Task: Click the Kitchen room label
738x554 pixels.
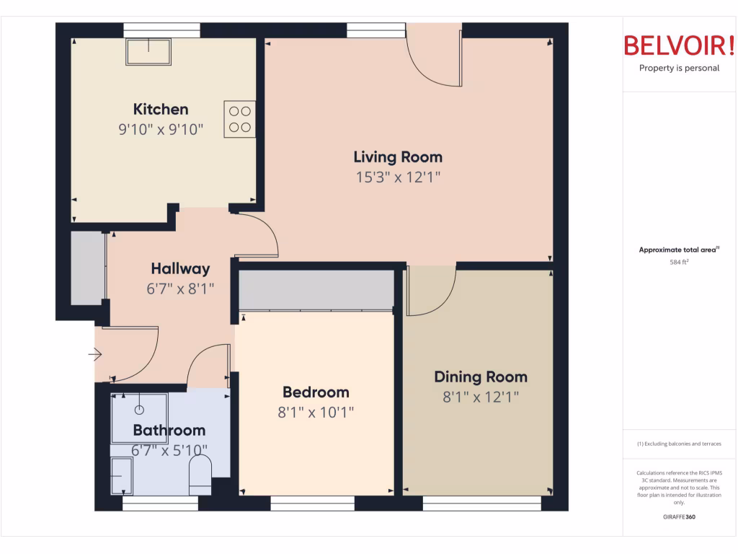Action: point(161,110)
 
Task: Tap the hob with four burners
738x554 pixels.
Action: point(239,120)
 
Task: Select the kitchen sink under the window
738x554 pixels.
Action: point(149,51)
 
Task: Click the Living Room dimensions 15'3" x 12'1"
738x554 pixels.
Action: point(398,177)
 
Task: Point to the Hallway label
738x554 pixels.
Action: point(180,269)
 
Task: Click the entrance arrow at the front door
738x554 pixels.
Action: point(95,354)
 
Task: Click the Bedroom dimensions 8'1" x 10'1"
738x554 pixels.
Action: point(316,413)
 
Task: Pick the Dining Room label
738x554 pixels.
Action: point(480,377)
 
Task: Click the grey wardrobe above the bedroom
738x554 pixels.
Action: point(316,289)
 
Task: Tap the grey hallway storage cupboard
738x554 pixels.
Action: point(88,267)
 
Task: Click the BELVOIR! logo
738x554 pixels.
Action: point(679,46)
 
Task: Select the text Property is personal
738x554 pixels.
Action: point(679,69)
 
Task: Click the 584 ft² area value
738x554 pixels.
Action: point(677,263)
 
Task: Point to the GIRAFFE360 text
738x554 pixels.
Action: point(678,516)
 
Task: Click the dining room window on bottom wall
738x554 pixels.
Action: point(481,504)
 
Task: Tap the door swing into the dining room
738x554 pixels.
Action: point(431,291)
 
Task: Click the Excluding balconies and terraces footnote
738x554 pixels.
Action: point(679,444)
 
